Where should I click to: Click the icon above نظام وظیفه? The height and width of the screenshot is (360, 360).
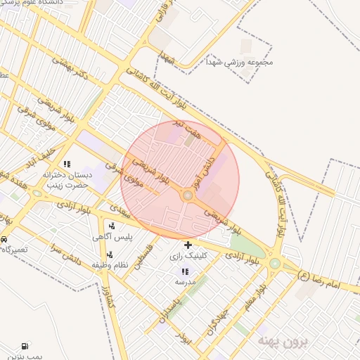pyautogui.click(x=110, y=254)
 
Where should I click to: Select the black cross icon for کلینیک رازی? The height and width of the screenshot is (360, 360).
pyautogui.click(x=187, y=246)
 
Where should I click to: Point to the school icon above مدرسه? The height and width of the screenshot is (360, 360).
pyautogui.click(x=185, y=271)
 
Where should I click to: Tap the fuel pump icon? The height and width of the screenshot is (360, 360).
pyautogui.click(x=26, y=346)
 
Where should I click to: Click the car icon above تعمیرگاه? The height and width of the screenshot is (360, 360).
pyautogui.click(x=4, y=240)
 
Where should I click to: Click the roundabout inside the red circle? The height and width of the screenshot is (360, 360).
pyautogui.click(x=188, y=195)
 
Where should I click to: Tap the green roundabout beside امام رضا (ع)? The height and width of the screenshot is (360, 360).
pyautogui.click(x=274, y=265)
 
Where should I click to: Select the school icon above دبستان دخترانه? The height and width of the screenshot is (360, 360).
pyautogui.click(x=67, y=164)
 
